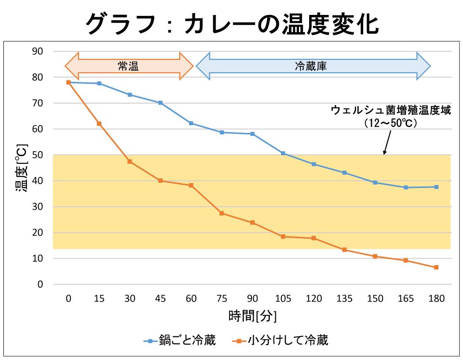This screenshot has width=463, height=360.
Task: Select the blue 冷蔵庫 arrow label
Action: [311, 66]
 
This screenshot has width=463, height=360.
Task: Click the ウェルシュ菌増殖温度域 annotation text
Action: [391, 110]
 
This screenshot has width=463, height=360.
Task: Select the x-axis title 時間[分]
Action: [252, 316]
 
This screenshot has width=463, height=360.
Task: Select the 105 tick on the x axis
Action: [283, 299]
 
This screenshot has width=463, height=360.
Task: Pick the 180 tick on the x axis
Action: [436, 299]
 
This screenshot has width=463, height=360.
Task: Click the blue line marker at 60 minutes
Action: [191, 123]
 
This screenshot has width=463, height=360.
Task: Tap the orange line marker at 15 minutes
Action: [99, 124]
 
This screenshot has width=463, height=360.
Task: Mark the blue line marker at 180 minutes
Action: [436, 187]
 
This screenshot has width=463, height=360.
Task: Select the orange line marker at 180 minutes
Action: [436, 267]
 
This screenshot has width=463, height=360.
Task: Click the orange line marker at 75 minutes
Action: [222, 213]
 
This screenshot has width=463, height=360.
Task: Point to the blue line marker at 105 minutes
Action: [283, 153]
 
